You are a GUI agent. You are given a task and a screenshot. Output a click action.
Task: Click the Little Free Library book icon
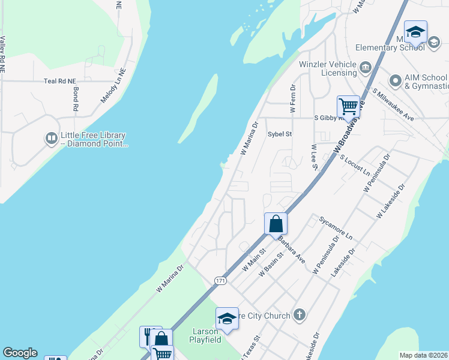[x=52, y=139]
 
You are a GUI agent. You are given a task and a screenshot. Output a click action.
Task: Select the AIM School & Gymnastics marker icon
[x=395, y=80]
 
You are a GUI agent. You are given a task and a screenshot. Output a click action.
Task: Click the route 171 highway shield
[x=220, y=281]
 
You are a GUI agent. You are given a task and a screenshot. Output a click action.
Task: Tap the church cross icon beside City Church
[x=300, y=315]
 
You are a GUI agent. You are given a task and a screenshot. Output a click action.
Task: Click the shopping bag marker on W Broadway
[x=276, y=224]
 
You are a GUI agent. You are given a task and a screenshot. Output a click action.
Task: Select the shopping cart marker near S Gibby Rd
[x=348, y=107]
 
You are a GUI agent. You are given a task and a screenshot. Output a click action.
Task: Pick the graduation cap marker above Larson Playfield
[x=227, y=319]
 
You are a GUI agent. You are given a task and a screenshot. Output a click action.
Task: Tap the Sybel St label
[x=279, y=134]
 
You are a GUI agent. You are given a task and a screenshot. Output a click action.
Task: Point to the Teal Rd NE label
[x=60, y=81]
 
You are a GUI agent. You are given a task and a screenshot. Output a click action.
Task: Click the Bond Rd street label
[x=76, y=100]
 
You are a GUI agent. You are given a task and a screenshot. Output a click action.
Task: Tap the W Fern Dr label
[x=293, y=98]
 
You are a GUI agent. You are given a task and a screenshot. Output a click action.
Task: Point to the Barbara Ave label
[x=292, y=248]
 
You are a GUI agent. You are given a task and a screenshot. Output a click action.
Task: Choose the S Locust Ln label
[x=355, y=164]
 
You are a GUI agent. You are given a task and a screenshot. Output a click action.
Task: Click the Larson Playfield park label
[x=206, y=335]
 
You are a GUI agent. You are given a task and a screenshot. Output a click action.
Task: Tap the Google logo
[x=20, y=353]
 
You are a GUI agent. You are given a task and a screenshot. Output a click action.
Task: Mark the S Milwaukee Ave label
[x=393, y=104]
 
